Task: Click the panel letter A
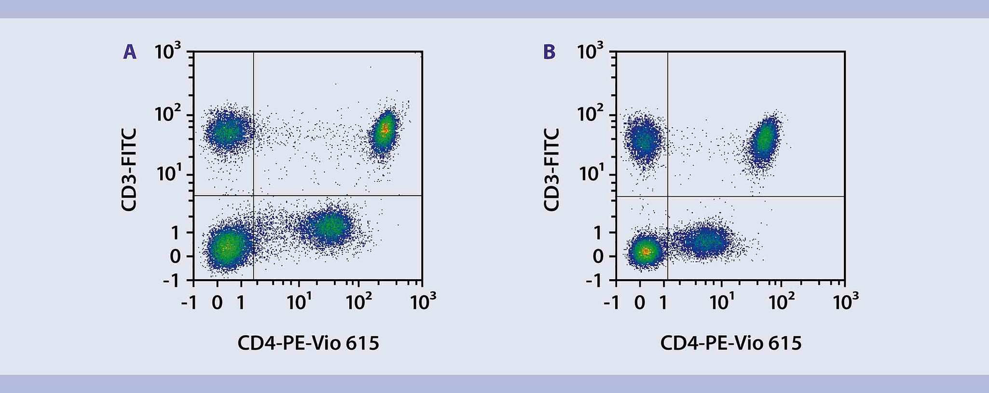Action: [x=130, y=52]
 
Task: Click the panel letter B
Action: [x=550, y=52]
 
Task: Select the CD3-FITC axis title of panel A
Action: [x=129, y=170]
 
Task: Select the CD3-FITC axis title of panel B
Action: [x=552, y=170]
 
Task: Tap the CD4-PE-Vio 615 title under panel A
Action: [x=308, y=343]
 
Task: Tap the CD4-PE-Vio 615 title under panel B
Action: [x=730, y=343]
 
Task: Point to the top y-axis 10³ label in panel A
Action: [x=168, y=52]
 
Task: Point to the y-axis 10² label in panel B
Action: [x=590, y=113]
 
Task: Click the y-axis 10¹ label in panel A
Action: [x=168, y=174]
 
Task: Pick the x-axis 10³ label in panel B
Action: [x=845, y=302]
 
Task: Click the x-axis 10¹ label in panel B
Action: [x=722, y=302]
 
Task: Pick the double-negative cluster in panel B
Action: [x=645, y=251]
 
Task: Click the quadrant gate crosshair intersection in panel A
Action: [x=253, y=196]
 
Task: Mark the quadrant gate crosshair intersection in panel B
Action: [x=668, y=196]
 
